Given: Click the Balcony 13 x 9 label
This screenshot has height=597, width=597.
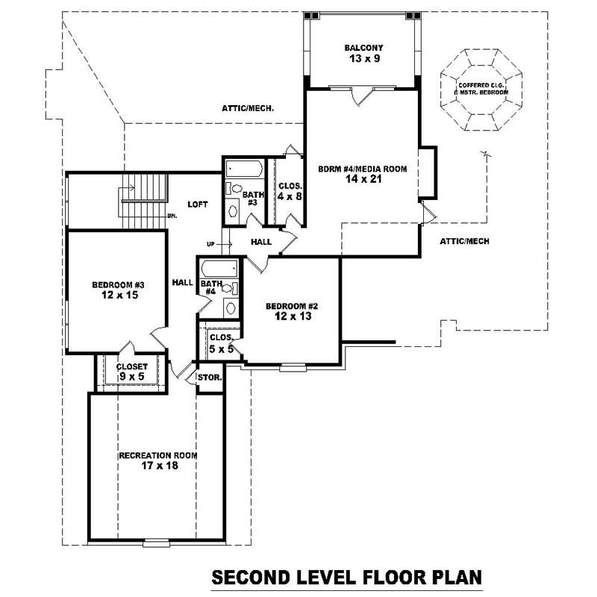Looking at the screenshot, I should (362, 54).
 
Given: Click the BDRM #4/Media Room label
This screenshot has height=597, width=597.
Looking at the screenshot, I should (362, 174).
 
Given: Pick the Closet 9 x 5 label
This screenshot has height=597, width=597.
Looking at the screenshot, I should (131, 372).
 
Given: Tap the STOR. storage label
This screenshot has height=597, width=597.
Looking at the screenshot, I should (209, 378).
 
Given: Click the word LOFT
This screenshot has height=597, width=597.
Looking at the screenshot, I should (197, 204).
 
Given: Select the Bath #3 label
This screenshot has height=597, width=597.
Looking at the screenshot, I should (250, 199).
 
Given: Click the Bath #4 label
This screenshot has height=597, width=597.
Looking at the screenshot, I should (210, 288).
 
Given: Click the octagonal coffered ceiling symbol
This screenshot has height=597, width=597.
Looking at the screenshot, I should (483, 90).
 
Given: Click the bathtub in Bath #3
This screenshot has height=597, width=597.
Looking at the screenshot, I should (243, 168).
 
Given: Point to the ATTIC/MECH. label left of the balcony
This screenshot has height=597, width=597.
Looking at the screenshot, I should (248, 108).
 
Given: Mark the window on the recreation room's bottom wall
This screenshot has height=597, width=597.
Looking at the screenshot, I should (157, 542).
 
